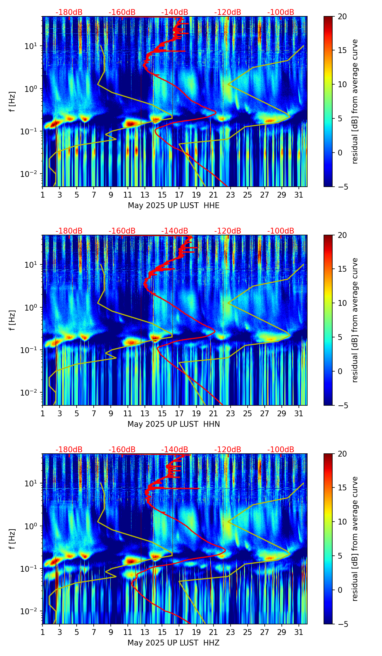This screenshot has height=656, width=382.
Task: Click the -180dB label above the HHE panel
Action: click(x=69, y=12)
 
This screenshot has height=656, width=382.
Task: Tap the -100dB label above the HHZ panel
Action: click(x=281, y=450)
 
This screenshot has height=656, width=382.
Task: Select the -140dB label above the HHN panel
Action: click(x=175, y=231)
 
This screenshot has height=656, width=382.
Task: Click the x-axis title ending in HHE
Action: click(x=174, y=206)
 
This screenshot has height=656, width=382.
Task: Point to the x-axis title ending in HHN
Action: click(x=174, y=424)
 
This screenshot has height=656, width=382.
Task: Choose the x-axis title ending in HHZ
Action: click(x=174, y=643)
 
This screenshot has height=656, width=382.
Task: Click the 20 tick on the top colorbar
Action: click(x=342, y=17)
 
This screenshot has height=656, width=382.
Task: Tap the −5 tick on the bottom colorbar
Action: click(x=342, y=624)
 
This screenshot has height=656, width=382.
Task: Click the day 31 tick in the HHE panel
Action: click(x=299, y=195)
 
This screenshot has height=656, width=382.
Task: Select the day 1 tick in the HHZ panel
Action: click(x=43, y=632)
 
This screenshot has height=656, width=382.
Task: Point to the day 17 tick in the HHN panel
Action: click(x=179, y=414)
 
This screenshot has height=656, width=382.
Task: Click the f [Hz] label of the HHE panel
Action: click(x=12, y=102)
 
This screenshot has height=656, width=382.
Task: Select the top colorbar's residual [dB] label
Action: click(x=355, y=102)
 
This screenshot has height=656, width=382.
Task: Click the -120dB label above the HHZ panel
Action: click(x=228, y=450)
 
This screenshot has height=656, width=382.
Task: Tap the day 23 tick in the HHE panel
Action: click(x=231, y=195)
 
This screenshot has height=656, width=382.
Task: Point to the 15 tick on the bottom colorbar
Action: click(x=342, y=488)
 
